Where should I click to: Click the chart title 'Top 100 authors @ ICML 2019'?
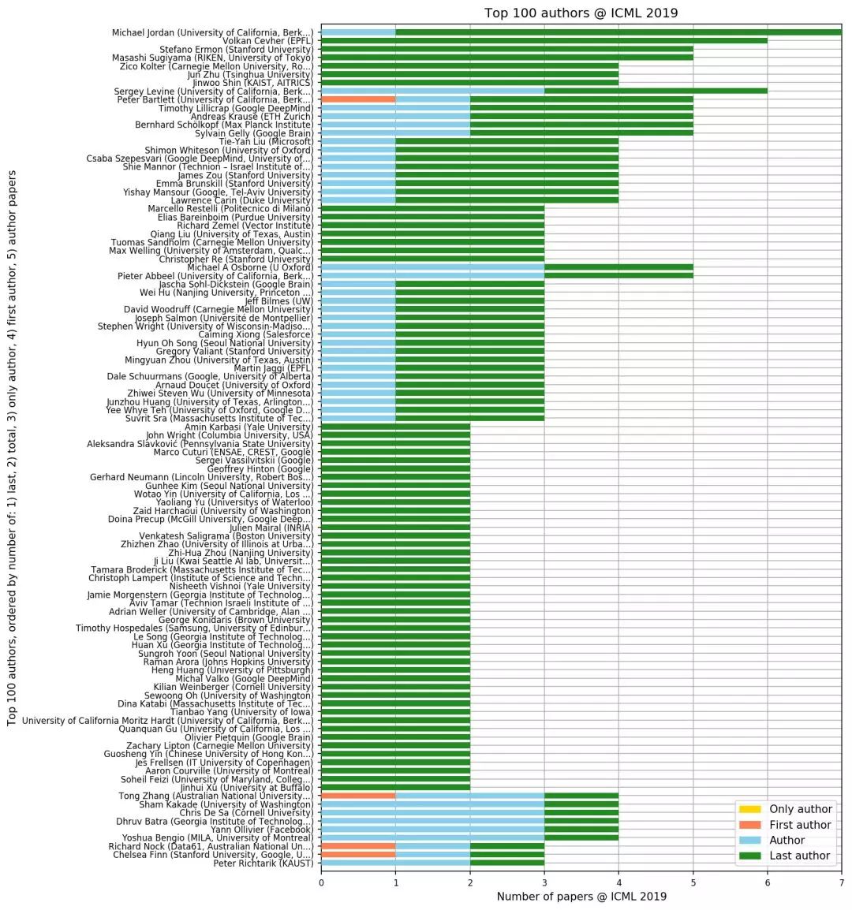point(581,13)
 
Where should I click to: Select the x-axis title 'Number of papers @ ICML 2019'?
point(581,897)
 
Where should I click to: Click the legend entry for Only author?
point(800,809)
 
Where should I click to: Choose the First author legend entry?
point(800,825)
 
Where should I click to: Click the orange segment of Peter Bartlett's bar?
point(358,99)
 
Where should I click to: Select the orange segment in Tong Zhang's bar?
point(358,796)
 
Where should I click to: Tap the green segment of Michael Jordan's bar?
point(618,32)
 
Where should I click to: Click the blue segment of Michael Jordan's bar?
point(358,32)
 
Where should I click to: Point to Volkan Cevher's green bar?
point(544,41)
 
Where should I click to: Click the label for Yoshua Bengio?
point(215,837)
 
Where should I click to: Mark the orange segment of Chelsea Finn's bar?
point(358,854)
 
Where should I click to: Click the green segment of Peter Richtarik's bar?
point(506,863)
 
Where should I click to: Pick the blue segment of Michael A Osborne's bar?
point(432,267)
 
